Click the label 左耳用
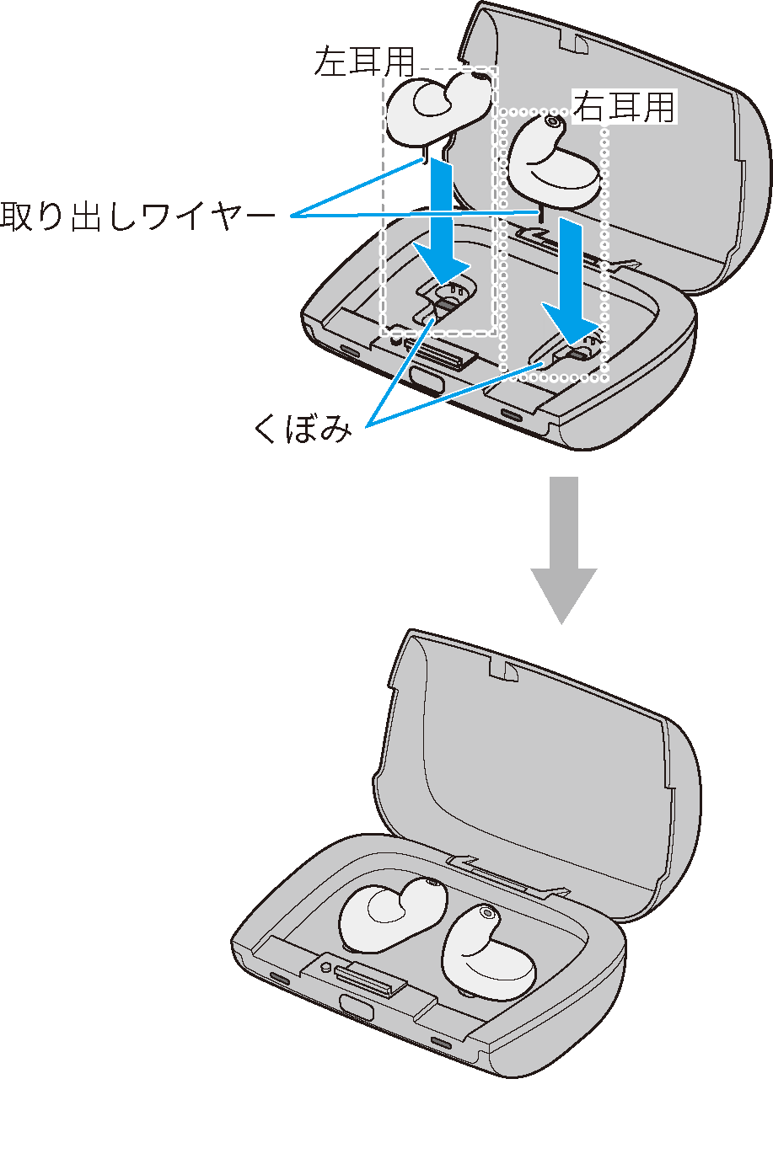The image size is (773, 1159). pos(364,61)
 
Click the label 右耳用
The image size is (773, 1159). pos(625,107)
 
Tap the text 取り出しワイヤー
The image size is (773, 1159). pos(137,217)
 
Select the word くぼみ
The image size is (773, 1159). pos(302,430)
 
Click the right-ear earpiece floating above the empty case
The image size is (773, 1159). pos(552,160)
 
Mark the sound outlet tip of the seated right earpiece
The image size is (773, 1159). pos(486,912)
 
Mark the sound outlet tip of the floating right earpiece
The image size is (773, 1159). pos(551,121)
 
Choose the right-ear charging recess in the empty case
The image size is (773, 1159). pos(577,350)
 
